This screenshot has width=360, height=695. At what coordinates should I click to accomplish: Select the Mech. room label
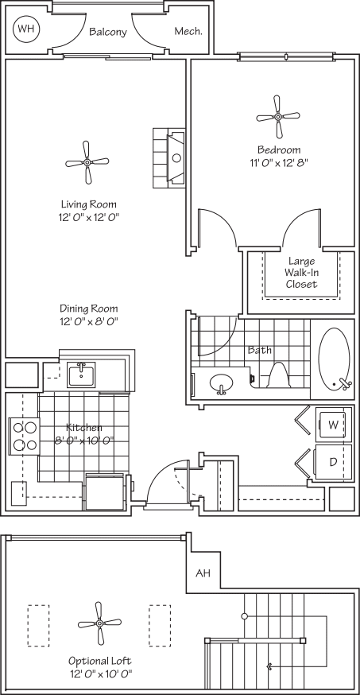(x=188, y=32)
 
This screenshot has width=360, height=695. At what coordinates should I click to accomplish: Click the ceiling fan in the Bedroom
(x=278, y=116)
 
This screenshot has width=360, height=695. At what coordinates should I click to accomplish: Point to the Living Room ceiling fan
(x=87, y=161)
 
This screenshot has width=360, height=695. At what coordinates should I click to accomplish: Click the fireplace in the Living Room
(x=172, y=157)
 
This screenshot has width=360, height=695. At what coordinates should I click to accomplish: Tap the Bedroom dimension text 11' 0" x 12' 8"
(x=277, y=163)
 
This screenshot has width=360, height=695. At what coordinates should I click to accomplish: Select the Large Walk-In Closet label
(x=301, y=272)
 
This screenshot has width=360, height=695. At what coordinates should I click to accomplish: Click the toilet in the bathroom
(x=277, y=375)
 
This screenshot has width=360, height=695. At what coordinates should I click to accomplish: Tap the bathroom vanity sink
(x=223, y=385)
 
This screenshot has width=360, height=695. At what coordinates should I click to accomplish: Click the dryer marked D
(x=333, y=462)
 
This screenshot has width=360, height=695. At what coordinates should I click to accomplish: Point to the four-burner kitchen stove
(x=25, y=436)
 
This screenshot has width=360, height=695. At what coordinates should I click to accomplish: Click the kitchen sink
(x=81, y=374)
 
